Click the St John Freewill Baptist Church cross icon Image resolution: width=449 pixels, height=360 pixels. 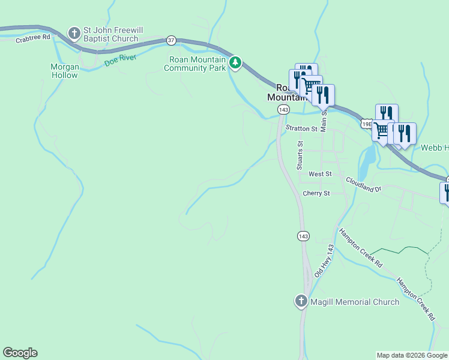click(74, 33)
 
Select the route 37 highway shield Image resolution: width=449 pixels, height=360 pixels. click(172, 40)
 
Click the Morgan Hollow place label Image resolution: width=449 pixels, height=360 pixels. click(64, 71)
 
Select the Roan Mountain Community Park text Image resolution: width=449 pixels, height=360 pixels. click(194, 64)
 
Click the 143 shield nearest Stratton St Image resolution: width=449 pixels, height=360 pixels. click(284, 109)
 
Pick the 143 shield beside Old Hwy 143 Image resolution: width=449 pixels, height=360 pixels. click(303, 236)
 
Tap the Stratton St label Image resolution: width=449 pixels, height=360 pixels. click(301, 128)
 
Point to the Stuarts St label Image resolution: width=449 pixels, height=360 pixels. click(301, 155)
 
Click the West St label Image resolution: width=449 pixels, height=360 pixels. click(320, 174)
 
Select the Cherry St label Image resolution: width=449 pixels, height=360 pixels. click(316, 194)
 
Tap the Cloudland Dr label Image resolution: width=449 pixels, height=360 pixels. click(363, 184)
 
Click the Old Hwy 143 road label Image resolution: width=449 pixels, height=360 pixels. click(324, 260)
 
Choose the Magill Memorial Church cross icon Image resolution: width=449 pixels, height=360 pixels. click(301, 301)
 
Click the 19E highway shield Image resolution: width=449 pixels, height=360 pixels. click(367, 123)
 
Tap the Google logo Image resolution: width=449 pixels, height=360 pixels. click(20, 353)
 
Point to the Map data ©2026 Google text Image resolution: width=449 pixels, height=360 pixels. click(412, 355)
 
